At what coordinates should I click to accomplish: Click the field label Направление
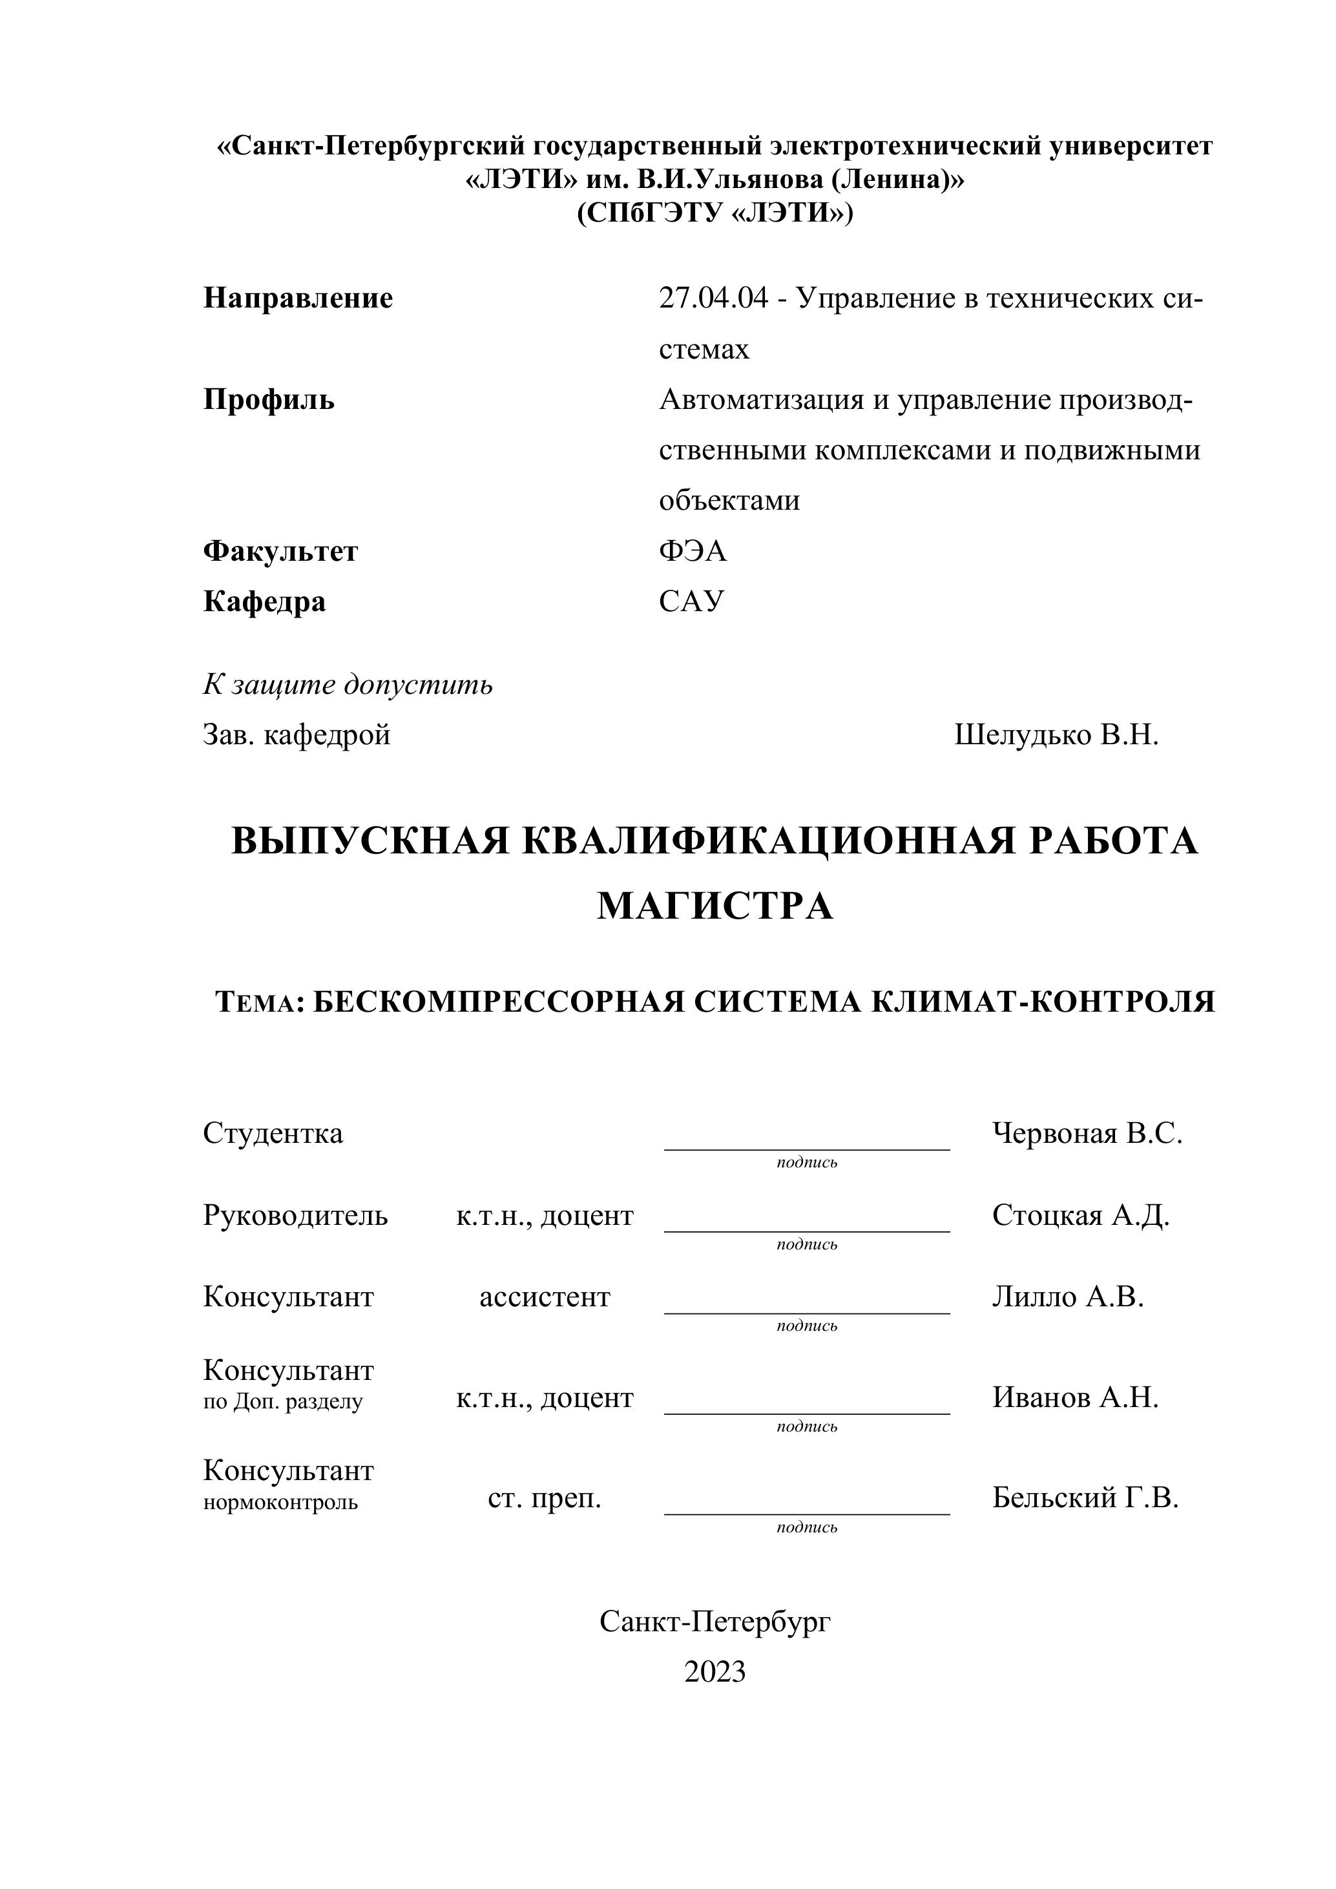298,298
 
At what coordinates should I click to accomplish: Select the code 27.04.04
713,298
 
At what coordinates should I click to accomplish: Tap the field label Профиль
269,400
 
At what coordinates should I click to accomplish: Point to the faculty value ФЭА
693,550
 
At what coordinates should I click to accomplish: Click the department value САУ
691,601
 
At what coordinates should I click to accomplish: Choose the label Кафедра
264,601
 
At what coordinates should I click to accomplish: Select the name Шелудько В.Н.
1056,735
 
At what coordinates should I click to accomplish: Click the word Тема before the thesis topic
256,1003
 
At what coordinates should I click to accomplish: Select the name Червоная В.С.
1087,1134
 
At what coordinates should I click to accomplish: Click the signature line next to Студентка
806,1149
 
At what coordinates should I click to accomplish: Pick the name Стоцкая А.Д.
1080,1215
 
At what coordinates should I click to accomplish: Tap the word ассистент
545,1297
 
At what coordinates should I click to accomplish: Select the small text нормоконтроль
280,1502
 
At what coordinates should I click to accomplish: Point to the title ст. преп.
545,1498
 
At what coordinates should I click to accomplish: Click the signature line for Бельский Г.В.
806,1513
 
